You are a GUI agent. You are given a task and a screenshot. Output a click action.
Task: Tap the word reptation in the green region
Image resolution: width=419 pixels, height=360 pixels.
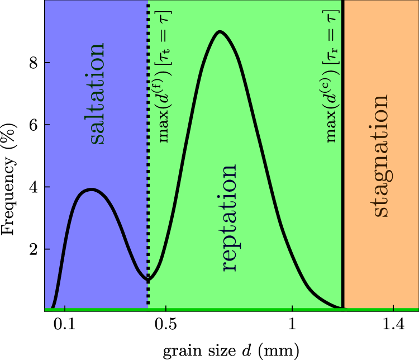tap(228, 218)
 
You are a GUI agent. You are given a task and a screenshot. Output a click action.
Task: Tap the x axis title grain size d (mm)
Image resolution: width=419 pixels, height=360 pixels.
tap(231, 350)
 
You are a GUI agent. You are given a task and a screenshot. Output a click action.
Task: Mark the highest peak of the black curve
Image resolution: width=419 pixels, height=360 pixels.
tap(220, 32)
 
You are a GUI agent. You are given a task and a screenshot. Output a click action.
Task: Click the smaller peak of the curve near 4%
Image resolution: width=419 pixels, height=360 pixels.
tap(91, 190)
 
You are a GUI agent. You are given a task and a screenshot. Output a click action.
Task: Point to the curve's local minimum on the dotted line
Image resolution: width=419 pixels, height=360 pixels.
tap(148, 278)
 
